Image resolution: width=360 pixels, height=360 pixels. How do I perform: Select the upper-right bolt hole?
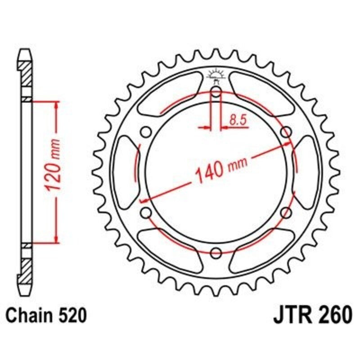[x=285, y=132]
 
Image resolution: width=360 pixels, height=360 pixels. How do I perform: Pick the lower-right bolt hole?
[x=285, y=212]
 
